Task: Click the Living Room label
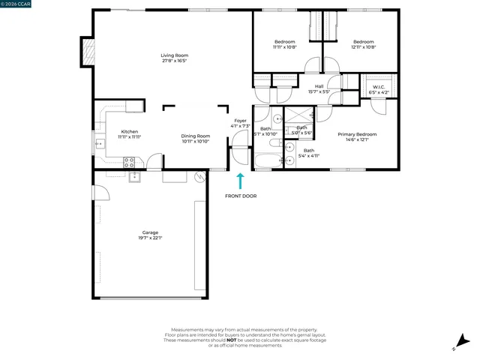(x=174, y=55)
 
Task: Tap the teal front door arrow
(x=241, y=181)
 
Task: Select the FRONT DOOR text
(x=241, y=196)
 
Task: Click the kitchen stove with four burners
(x=129, y=160)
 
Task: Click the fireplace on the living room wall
(x=88, y=52)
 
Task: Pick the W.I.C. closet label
(x=379, y=87)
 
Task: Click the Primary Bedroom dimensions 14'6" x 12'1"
(x=361, y=139)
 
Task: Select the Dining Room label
(x=195, y=136)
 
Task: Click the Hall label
(x=319, y=86)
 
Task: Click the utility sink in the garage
(x=135, y=177)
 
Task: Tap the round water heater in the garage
(x=199, y=177)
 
